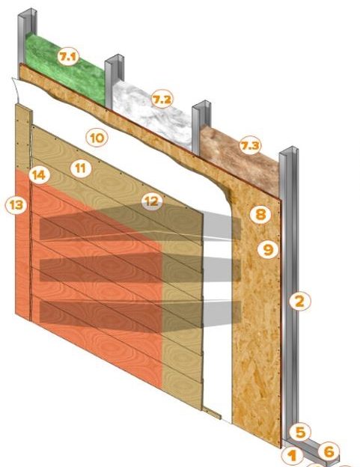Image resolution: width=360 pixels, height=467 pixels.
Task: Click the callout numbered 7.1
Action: [x=68, y=56]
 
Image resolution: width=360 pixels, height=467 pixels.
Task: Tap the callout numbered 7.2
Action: [x=162, y=100]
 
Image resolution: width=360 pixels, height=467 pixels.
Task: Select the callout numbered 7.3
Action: [x=250, y=145]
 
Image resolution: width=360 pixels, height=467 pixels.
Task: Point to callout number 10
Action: [x=97, y=138]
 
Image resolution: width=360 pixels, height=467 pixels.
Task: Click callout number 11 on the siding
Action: [x=81, y=168]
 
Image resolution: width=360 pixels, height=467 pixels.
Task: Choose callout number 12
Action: [x=152, y=201]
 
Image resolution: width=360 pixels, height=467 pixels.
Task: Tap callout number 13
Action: [x=16, y=204]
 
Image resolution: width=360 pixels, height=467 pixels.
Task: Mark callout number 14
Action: [x=40, y=175]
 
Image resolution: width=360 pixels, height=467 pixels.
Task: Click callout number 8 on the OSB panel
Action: [x=260, y=214]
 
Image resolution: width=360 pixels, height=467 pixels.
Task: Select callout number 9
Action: [x=268, y=249]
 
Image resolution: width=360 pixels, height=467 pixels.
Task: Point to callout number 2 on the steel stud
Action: [x=299, y=302]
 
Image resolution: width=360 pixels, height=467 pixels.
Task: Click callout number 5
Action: [x=300, y=432]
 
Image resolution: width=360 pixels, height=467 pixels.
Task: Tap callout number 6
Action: [x=329, y=451]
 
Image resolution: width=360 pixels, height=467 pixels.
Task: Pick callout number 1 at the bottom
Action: [x=293, y=456]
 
